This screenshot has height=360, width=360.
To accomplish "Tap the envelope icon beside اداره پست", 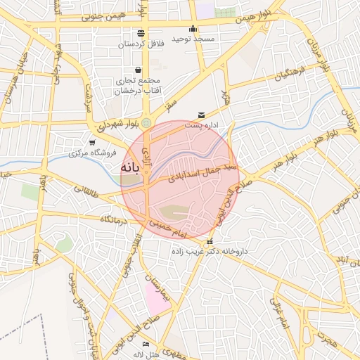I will [202, 115].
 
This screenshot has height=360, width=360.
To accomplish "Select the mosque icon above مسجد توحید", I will [193, 29].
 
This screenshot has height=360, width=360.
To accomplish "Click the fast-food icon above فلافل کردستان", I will [141, 33].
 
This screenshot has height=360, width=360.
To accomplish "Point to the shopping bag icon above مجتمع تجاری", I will [137, 70].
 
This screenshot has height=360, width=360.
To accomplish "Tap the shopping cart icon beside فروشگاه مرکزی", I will [92, 143].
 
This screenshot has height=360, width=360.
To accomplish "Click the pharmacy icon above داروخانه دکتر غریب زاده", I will [210, 242].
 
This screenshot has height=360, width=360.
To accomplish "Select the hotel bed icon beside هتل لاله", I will [146, 344].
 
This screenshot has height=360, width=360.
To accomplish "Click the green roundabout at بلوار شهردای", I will [146, 124].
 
